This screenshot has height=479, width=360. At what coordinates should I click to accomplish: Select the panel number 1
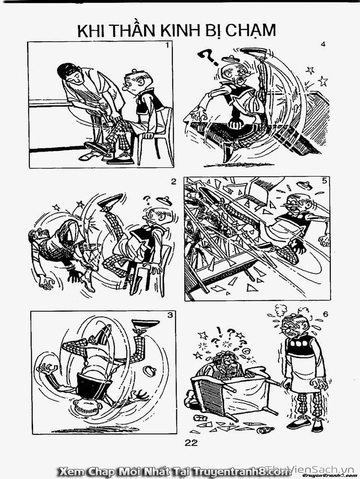[167, 45]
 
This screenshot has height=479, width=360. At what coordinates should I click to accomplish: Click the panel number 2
[173, 182]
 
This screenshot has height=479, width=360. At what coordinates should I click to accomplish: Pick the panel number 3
[170, 315]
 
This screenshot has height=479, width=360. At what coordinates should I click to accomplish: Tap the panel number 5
[324, 181]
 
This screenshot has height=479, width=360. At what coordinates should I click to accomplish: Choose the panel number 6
[325, 315]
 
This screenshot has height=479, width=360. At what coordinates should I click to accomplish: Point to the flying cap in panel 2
[164, 200]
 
